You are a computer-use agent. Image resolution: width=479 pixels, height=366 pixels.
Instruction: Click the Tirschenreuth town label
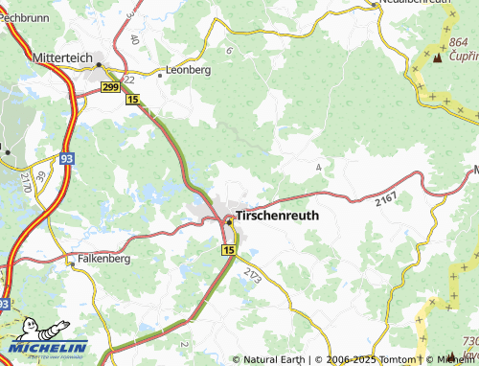click(x=277, y=216)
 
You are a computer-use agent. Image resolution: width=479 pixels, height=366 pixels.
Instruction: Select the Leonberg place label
click(x=188, y=70)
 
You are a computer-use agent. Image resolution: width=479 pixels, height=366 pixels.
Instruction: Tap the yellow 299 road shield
click(x=111, y=87)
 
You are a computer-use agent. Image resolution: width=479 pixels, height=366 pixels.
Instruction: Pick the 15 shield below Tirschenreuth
click(x=228, y=249)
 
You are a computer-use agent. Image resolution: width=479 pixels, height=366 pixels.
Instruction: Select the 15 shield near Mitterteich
click(x=132, y=100)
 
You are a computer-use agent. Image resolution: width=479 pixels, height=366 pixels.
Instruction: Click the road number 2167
click(x=386, y=196)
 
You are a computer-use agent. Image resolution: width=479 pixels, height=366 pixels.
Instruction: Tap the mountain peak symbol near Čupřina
click(x=438, y=57)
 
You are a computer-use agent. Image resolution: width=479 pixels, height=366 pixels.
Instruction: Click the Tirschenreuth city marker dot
click(x=229, y=222)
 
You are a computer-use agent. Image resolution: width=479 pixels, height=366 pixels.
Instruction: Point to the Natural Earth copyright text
click(x=273, y=359)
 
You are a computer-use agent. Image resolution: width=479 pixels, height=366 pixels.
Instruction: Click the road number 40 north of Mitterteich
click(x=133, y=40)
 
